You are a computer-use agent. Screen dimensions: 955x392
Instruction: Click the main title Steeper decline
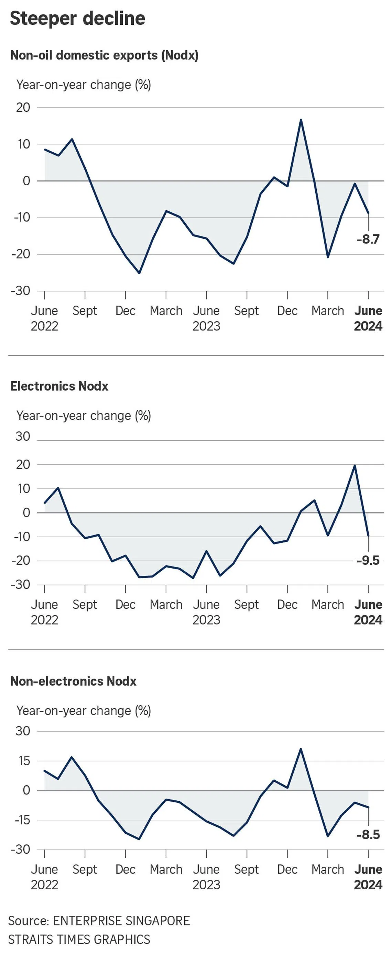pyautogui.click(x=77, y=19)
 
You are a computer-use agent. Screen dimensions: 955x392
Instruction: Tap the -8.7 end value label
pyautogui.click(x=368, y=240)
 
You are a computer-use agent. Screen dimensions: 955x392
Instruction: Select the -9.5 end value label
pyautogui.click(x=368, y=560)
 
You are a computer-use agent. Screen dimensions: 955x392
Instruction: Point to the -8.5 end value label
pyautogui.click(x=368, y=835)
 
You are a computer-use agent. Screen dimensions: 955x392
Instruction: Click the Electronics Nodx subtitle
pyautogui.click(x=59, y=386)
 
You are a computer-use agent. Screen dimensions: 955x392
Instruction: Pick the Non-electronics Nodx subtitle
pyautogui.click(x=74, y=681)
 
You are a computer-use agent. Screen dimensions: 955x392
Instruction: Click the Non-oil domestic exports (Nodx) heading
pyautogui.click(x=104, y=55)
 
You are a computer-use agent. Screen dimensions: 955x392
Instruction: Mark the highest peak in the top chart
pyautogui.click(x=301, y=119)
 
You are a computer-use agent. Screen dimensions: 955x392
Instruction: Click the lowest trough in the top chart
pyautogui.click(x=139, y=273)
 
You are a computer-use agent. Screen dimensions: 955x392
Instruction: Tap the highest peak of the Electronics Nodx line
pyautogui.click(x=355, y=465)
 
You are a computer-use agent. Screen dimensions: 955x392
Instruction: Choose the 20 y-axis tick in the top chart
pyautogui.click(x=23, y=108)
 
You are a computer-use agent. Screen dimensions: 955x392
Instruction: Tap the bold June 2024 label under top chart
pyautogui.click(x=368, y=318)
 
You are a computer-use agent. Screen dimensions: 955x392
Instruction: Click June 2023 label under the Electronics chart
pyautogui.click(x=206, y=612)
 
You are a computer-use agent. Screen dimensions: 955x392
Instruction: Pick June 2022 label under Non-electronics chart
pyautogui.click(x=44, y=877)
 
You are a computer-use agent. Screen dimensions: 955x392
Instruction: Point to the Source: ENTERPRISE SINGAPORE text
pyautogui.click(x=99, y=921)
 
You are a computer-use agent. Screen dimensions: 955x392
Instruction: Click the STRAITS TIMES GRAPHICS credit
pyautogui.click(x=79, y=940)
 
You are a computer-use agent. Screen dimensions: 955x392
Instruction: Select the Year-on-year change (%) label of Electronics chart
pyautogui.click(x=84, y=416)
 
